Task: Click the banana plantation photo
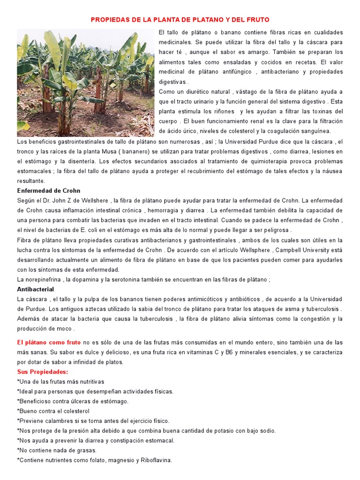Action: coord(86,82)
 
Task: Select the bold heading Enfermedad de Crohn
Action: coord(49,191)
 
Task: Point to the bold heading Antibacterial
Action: coord(36,289)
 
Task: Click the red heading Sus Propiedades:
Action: coord(43,372)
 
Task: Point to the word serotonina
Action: coord(125,279)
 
